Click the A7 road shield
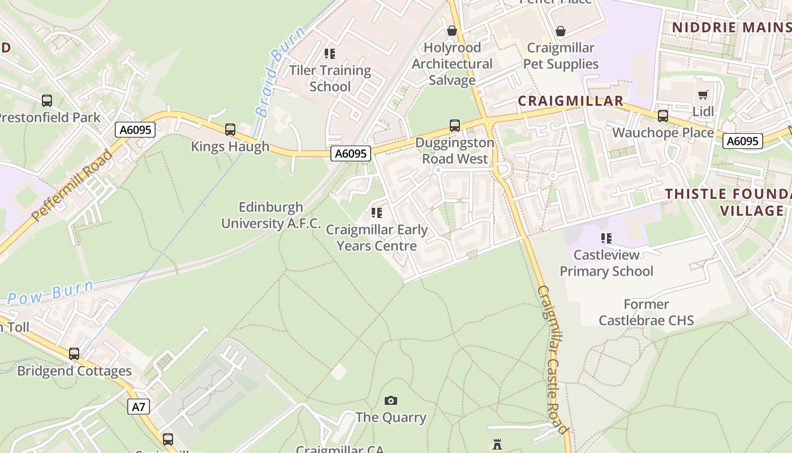click(139, 406)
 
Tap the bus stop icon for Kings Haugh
click(230, 129)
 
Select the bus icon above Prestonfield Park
click(47, 101)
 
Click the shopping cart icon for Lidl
click(703, 95)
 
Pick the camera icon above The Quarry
click(390, 401)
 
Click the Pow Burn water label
click(51, 293)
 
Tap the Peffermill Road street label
click(72, 186)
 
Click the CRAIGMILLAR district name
click(571, 101)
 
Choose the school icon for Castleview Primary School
click(606, 238)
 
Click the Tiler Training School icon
click(330, 54)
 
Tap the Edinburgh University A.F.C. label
click(270, 215)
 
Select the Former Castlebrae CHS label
click(646, 312)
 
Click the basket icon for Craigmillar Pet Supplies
click(560, 31)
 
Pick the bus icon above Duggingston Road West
click(454, 126)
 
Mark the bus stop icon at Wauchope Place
click(662, 116)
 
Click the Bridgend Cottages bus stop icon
click(74, 354)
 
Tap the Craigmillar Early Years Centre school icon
click(377, 213)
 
